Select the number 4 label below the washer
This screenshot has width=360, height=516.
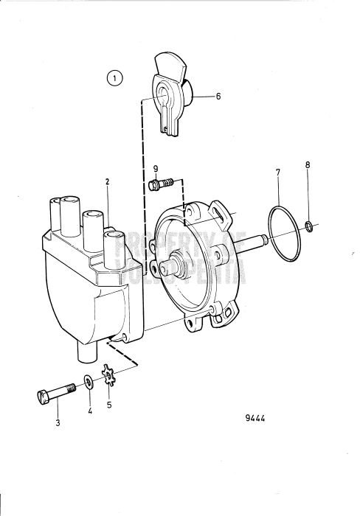click(91, 414)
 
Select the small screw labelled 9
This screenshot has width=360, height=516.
click(159, 184)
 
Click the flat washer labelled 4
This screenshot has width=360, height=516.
click(89, 382)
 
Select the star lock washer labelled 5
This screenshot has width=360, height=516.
click(110, 381)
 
